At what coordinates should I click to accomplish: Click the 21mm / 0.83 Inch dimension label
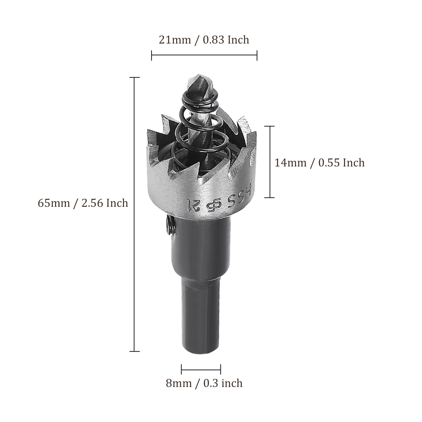204,40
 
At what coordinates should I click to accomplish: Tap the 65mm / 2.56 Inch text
83,203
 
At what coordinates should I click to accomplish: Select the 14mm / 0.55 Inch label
320,163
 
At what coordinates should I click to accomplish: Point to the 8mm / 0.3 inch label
204,383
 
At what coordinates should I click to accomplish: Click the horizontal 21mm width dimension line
204,55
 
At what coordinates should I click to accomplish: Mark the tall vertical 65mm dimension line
135,214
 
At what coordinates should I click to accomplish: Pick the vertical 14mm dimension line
270,162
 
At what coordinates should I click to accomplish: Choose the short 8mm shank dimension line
201,369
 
